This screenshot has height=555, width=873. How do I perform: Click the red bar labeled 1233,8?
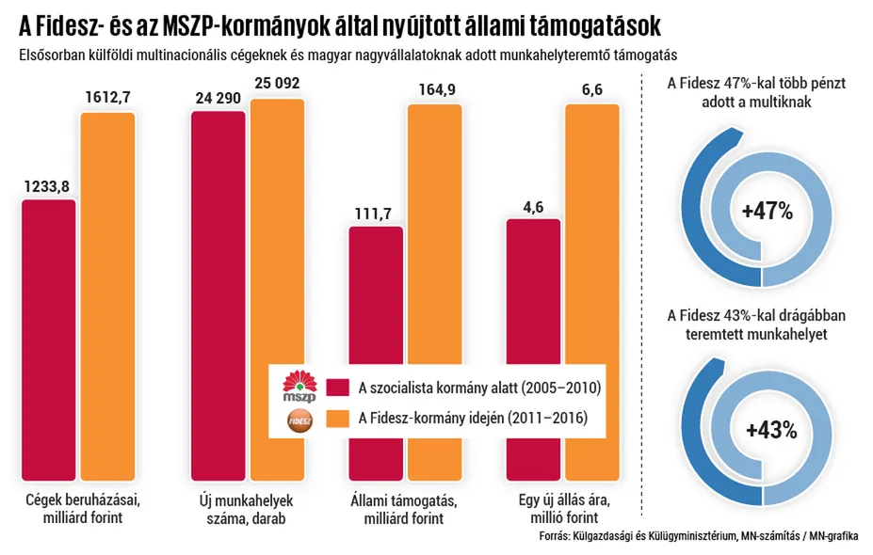pyautogui.click(x=49, y=339)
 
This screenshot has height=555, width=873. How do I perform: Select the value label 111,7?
pyautogui.click(x=374, y=214)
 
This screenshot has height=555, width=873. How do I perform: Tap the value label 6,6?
pyautogui.click(x=590, y=90)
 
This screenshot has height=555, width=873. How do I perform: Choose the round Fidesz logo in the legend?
pyautogui.click(x=302, y=419)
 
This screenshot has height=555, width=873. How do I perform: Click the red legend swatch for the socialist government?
pyautogui.click(x=337, y=387)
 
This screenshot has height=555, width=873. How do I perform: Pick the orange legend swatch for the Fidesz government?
pyautogui.click(x=337, y=419)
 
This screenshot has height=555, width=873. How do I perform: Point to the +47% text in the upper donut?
pyautogui.click(x=768, y=212)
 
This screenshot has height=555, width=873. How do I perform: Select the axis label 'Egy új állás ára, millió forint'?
pyautogui.click(x=558, y=509)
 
